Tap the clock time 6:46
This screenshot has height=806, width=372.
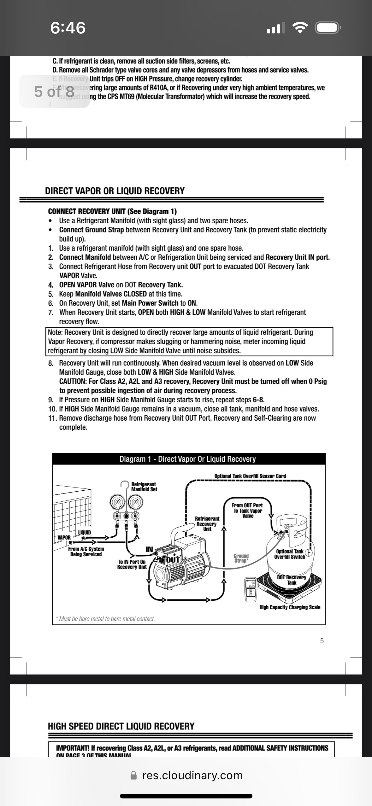(x=68, y=28)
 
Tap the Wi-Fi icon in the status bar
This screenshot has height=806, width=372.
(x=300, y=28)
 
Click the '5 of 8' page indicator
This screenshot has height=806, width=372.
(x=54, y=91)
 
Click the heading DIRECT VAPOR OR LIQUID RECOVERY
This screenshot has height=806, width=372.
(x=115, y=191)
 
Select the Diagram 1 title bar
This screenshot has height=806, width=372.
(x=188, y=459)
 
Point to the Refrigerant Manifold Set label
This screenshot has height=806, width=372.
(x=144, y=487)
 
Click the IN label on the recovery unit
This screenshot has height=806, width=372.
(x=149, y=549)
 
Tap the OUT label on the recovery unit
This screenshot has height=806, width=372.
(x=173, y=560)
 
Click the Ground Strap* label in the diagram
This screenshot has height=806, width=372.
(x=241, y=558)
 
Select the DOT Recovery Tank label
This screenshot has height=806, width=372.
(x=292, y=580)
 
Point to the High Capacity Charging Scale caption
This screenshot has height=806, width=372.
(x=290, y=607)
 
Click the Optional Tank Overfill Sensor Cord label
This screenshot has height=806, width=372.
(x=250, y=476)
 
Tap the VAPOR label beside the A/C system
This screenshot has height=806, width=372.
(x=64, y=537)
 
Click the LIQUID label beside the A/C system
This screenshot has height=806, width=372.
(x=85, y=532)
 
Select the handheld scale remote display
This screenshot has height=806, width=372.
(x=251, y=589)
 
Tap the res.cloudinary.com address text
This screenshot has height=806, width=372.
(x=192, y=775)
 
